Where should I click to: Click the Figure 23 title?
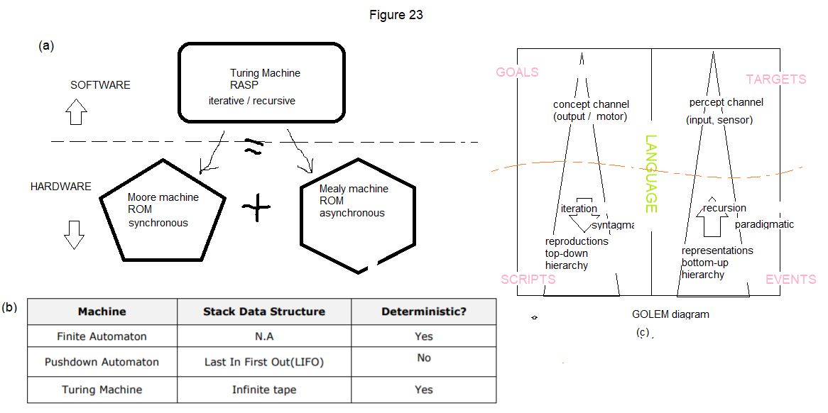point(396,15)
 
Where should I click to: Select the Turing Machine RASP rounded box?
point(261,83)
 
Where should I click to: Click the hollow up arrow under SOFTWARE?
point(76,112)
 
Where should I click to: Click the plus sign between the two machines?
point(256,208)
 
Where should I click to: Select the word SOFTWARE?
point(100,85)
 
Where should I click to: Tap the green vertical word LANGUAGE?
point(651,175)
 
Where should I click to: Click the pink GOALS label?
point(517,72)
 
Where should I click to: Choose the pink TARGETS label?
point(776,79)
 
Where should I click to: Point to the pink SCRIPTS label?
point(528,279)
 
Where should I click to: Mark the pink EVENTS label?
point(790,280)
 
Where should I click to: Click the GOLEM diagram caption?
point(670,314)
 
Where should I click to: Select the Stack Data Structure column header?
point(264,312)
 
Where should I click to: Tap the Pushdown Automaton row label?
point(102,362)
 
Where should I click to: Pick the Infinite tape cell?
point(263,390)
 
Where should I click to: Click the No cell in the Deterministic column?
point(424,358)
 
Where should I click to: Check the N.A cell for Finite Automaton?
point(263,336)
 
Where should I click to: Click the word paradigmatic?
point(764,224)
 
